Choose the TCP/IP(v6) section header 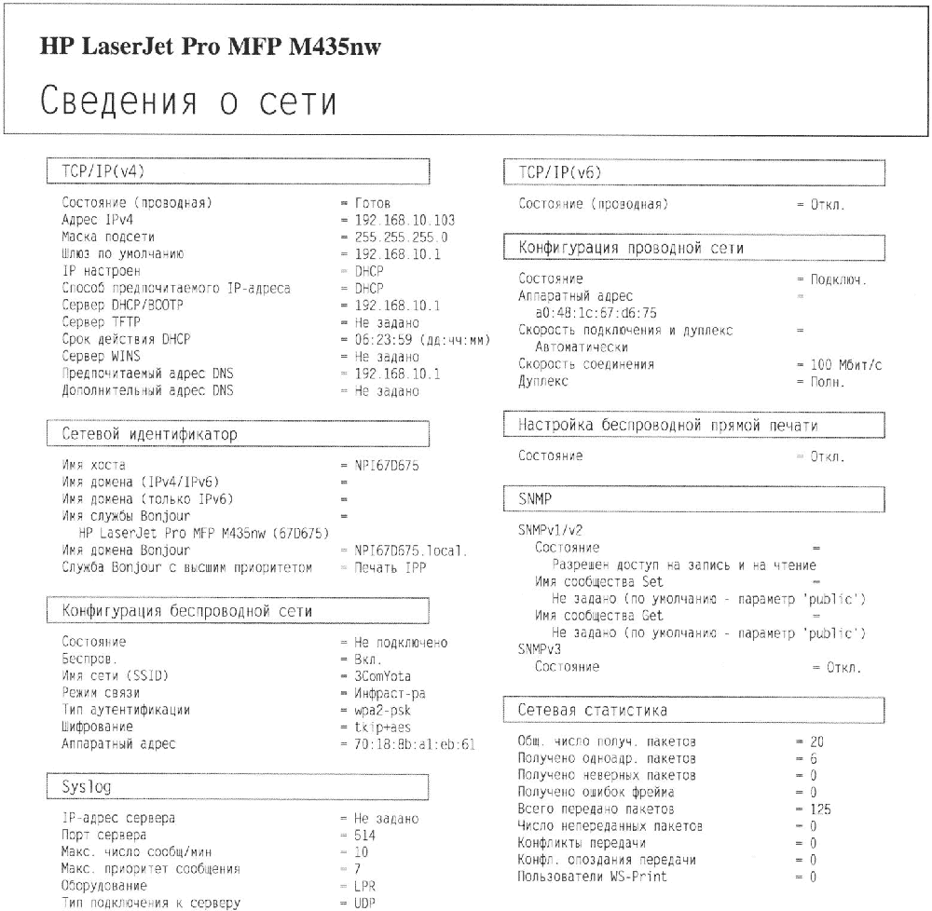[x=558, y=171]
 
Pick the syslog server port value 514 [x=365, y=836]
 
